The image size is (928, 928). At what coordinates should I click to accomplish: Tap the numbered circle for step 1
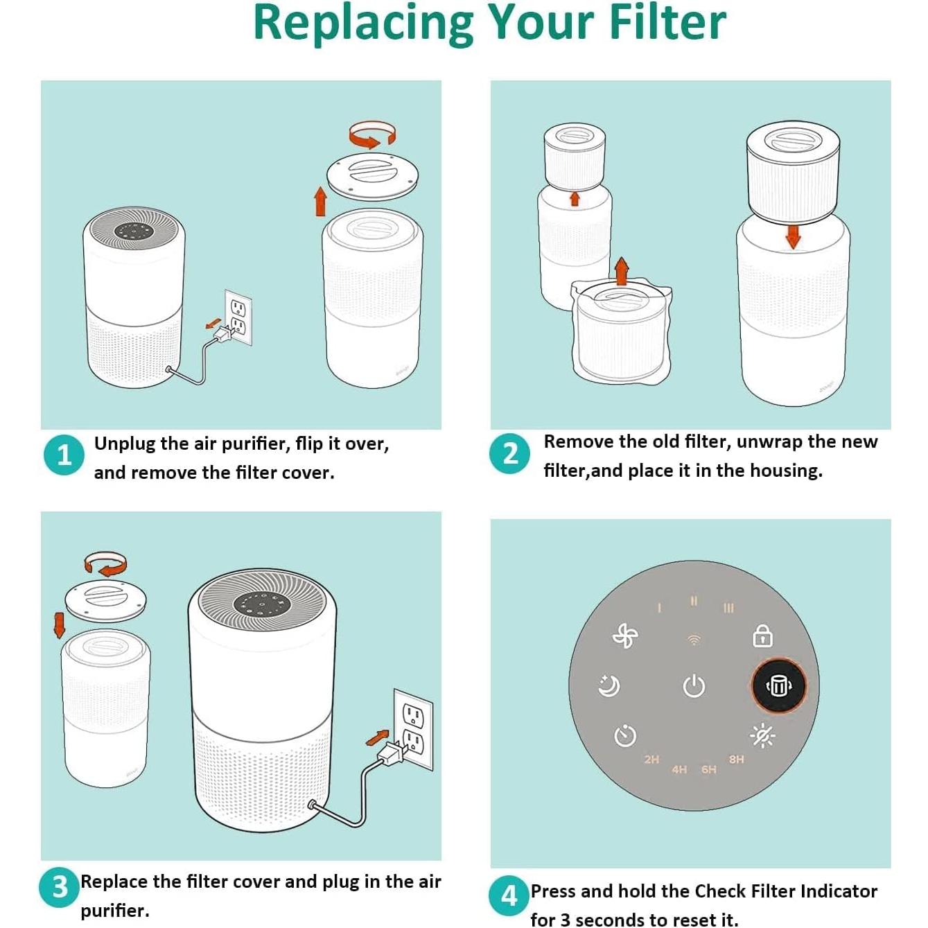[64, 455]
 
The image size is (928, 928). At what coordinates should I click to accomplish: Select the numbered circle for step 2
[509, 453]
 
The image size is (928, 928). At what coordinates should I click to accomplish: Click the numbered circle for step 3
[59, 886]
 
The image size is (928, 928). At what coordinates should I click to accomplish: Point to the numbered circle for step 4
[509, 896]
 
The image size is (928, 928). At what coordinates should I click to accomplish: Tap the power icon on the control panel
[694, 685]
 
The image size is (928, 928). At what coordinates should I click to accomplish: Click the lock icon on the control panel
[762, 636]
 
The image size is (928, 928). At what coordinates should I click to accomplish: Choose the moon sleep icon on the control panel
[609, 685]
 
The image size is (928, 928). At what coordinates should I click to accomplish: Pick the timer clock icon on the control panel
[625, 735]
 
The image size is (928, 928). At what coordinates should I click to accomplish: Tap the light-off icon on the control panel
[762, 735]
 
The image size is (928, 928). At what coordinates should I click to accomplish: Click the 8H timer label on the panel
[736, 760]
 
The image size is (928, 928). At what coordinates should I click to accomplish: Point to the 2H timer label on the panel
[651, 760]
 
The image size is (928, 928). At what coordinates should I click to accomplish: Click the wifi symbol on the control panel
[694, 639]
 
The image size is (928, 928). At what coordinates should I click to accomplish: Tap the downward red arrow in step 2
[793, 237]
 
